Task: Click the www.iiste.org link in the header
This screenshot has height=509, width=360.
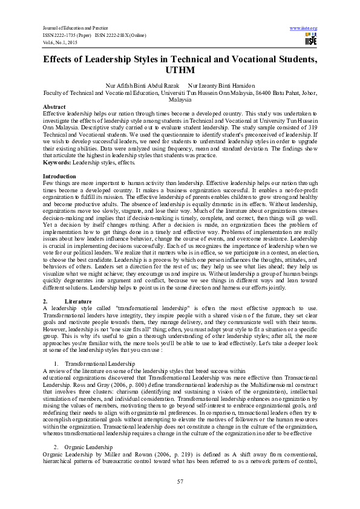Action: [304, 28]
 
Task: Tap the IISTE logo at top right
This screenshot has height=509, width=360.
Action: [310, 39]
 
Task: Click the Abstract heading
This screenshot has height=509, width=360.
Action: [54, 107]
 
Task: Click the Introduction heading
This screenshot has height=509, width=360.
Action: [60, 175]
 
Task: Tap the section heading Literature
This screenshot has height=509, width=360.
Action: [79, 300]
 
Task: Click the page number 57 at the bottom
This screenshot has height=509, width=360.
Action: [180, 481]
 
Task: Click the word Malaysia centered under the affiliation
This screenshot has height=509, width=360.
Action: [180, 100]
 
